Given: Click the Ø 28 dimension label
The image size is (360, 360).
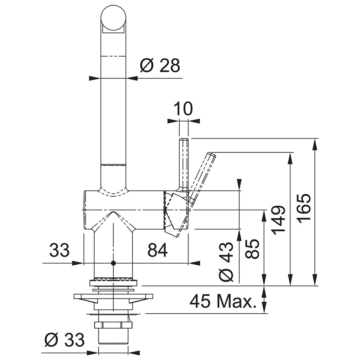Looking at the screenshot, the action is pos(160,65).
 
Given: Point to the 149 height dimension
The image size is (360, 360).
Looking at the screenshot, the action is pos(278,220).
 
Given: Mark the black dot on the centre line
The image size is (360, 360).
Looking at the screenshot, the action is pos(113,263).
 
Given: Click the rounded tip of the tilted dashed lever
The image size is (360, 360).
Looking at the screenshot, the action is pos(212,155).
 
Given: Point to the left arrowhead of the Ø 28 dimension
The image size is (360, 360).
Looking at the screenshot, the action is pos(95,78).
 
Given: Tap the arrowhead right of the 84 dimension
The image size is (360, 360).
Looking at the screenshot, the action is pos(194,263).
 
